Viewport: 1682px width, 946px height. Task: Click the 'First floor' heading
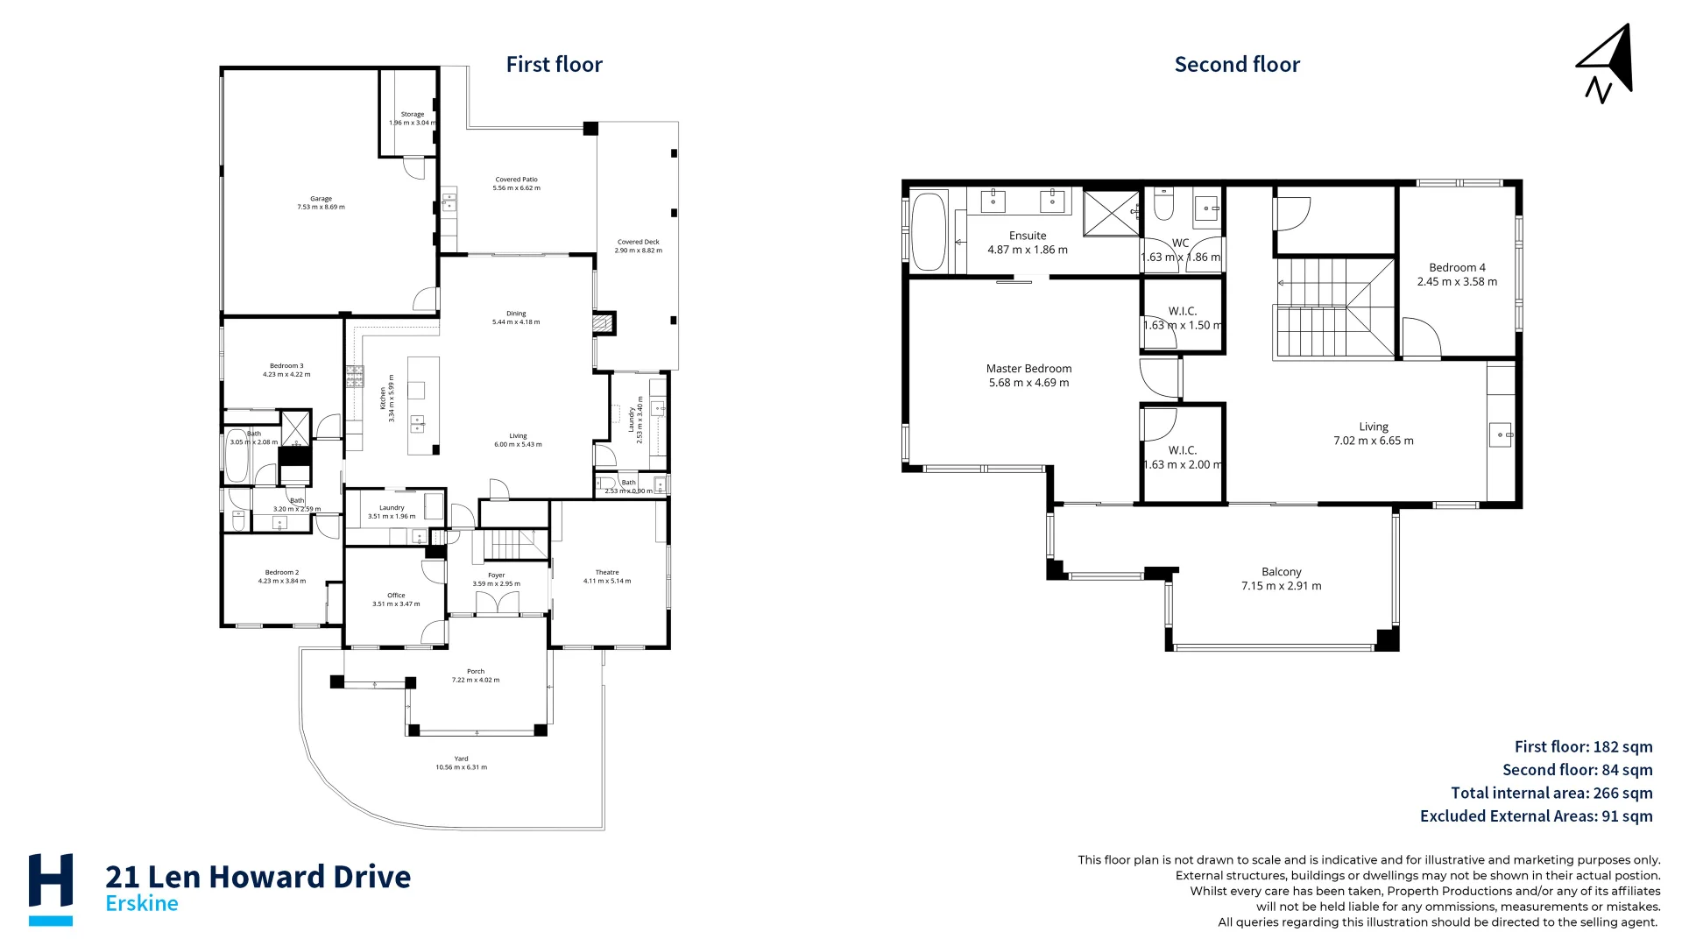[x=554, y=65]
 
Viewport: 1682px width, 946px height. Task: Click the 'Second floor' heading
[x=1236, y=65]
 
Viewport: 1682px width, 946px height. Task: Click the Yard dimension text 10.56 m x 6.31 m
[x=461, y=767]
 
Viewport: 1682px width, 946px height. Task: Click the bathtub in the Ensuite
[x=929, y=231]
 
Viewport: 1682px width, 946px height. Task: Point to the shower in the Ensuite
[x=1111, y=213]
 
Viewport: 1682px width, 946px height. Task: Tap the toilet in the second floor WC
[x=1163, y=205]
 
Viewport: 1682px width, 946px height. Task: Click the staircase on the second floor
[x=1332, y=308]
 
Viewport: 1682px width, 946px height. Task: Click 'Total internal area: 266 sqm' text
[x=1551, y=793]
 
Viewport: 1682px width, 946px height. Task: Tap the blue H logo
[x=51, y=887]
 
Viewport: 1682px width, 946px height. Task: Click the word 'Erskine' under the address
[x=142, y=903]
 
